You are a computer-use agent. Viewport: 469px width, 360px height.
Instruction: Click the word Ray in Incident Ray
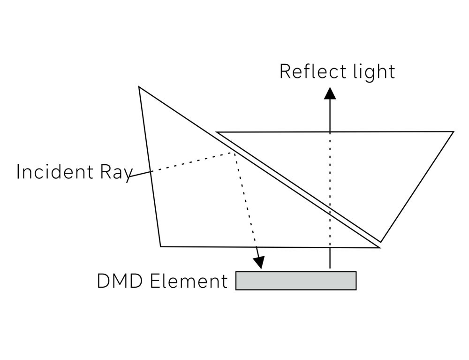[115, 173]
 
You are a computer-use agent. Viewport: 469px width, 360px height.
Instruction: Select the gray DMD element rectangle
[295, 281]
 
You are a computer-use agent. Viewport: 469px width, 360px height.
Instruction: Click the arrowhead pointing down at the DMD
[259, 263]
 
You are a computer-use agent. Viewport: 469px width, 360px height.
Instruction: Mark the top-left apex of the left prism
[139, 87]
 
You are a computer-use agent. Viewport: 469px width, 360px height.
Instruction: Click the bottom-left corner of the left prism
[160, 246]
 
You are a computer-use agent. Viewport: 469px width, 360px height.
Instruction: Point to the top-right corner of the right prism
[453, 132]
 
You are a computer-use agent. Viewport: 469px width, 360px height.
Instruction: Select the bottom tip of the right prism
[381, 242]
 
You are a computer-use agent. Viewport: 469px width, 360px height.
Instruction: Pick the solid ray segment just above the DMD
[330, 258]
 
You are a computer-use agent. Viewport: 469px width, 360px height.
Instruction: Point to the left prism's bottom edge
[267, 246]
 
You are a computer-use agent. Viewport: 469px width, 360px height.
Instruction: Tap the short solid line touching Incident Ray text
[140, 174]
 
